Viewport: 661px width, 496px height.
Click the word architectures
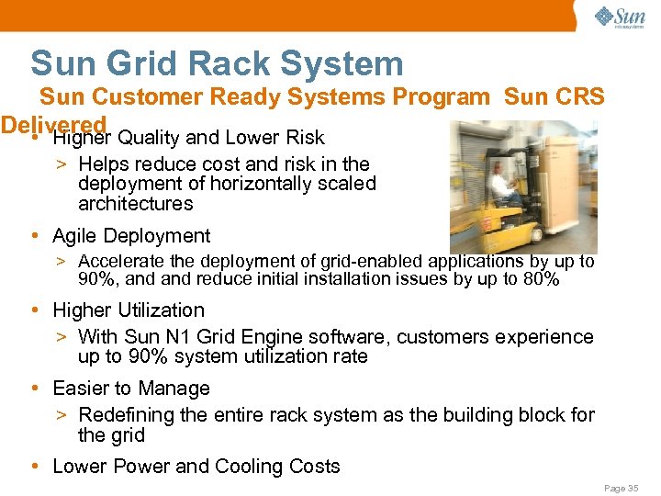pos(135,204)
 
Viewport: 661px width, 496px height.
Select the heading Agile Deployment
pos(131,236)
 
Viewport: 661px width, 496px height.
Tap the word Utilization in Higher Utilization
pos(161,310)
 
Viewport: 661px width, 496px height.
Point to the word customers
pos(445,337)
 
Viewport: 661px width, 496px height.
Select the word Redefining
pos(128,415)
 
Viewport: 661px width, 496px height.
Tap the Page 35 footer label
pos(621,489)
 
